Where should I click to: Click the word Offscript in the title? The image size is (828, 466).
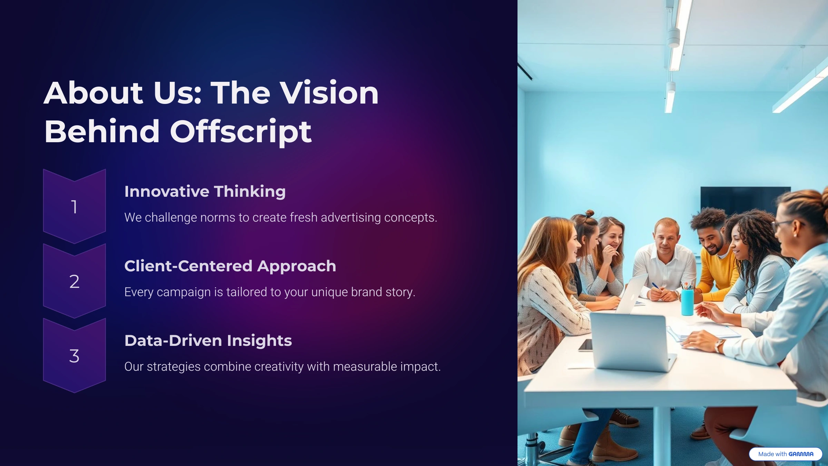pos(241,132)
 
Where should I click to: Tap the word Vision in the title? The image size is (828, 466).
pos(329,93)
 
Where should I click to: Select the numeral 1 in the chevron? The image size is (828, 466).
pos(74,207)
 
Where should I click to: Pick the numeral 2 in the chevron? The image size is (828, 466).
pos(74,281)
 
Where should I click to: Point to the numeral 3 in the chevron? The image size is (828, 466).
pos(74,356)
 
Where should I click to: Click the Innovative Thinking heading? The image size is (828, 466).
pos(205,192)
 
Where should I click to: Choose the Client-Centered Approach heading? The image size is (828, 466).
pos(230,266)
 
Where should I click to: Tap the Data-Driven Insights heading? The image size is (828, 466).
pos(208,341)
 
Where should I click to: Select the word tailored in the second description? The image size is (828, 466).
pos(247,292)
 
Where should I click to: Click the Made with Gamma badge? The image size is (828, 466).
pos(786,454)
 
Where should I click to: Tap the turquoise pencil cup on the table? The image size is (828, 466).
pos(687,302)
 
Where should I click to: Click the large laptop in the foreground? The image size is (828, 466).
pos(631,342)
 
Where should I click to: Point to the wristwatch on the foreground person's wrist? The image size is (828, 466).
pos(719,345)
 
